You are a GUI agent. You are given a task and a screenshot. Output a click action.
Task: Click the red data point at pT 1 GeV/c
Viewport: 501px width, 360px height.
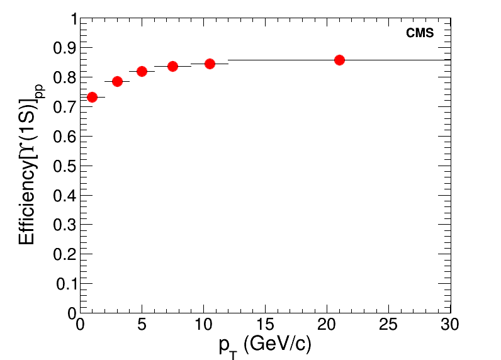click(92, 97)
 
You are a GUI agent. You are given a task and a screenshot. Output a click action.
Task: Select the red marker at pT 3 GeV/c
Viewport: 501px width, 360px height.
click(117, 81)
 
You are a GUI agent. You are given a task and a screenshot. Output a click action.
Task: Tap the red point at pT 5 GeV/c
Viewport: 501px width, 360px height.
click(142, 71)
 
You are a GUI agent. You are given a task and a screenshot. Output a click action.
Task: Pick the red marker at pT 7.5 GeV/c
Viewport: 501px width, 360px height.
click(172, 66)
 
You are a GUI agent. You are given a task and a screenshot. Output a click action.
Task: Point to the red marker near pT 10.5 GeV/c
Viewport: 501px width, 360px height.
click(210, 64)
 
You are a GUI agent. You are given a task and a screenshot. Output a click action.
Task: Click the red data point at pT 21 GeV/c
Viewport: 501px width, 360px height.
click(339, 60)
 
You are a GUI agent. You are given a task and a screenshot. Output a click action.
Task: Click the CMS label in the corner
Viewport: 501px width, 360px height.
click(420, 33)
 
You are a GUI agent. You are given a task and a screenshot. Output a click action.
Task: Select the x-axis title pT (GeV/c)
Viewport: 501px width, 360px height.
click(265, 346)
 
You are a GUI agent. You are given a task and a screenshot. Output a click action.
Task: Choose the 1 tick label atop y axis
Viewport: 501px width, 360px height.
click(73, 20)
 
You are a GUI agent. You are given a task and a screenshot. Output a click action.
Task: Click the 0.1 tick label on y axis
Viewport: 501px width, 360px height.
click(65, 284)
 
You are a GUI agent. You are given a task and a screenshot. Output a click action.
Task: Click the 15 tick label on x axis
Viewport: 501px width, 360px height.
click(265, 325)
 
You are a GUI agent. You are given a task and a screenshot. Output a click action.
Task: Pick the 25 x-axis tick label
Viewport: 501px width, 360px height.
click(388, 325)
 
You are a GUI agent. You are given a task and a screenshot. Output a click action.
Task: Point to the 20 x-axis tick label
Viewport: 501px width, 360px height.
click(327, 325)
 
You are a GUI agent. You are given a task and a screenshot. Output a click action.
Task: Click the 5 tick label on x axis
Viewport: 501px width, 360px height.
click(142, 325)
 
